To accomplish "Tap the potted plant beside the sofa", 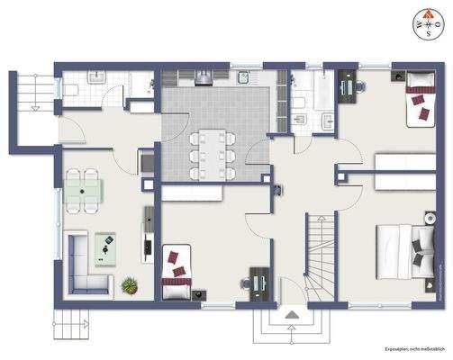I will (x=129, y=285).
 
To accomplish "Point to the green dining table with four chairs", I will (x=82, y=190).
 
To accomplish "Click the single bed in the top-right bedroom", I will (x=420, y=102).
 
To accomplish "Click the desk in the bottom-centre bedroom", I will (x=259, y=282).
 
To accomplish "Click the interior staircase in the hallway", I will (x=319, y=256).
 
